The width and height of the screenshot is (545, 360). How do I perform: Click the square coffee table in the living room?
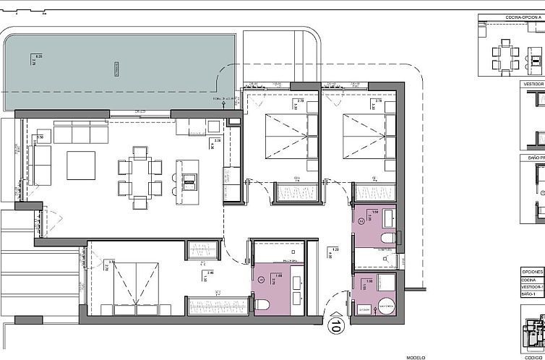click(x=81, y=166)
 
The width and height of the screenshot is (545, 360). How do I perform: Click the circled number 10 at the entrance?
click(x=335, y=326)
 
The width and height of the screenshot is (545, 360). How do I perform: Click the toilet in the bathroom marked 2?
click(x=427, y=237)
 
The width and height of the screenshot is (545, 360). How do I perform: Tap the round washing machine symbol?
click(x=386, y=307)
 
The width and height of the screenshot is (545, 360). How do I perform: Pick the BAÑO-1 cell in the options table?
click(x=532, y=295)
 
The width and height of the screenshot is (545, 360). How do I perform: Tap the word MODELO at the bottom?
click(x=416, y=356)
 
